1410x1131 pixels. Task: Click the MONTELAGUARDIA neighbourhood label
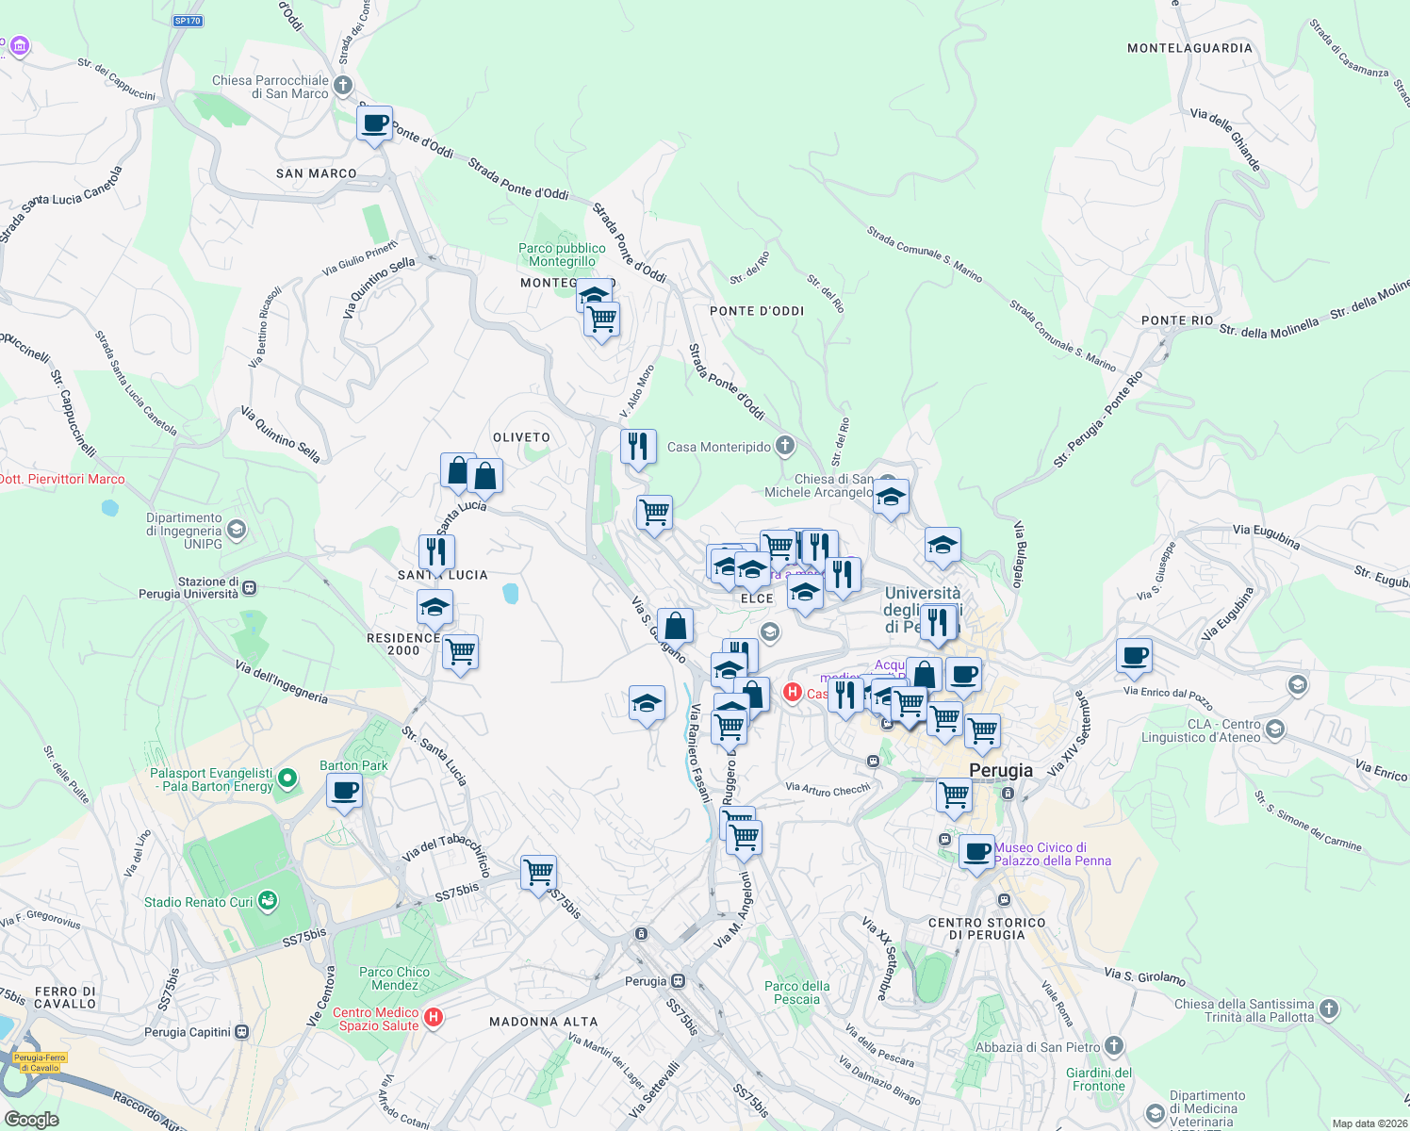1189,48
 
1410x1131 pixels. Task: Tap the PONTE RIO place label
1177,320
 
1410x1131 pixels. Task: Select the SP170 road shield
188,21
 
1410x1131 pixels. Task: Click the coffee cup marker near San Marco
374,123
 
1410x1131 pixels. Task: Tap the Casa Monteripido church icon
785,446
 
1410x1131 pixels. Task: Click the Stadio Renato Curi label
198,902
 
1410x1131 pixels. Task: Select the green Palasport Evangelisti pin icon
288,779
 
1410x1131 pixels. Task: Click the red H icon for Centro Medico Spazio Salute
434,1017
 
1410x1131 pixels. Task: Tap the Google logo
31,1119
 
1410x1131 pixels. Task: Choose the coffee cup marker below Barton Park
344,791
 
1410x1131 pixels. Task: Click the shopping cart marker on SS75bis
538,873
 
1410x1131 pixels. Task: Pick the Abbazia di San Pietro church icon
1114,1046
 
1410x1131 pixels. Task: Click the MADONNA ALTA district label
544,1022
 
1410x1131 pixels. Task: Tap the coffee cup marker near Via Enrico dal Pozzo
1134,655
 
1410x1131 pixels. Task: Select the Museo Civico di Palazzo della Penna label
1053,854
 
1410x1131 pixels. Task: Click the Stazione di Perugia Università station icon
249,588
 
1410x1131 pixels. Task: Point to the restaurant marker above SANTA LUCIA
436,552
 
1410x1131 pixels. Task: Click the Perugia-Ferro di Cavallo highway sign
40,1062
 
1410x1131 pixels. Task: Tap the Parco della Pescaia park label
797,992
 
